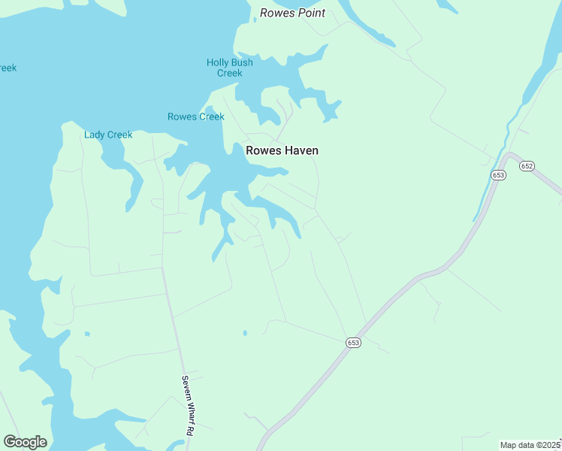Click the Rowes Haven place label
pos(282,150)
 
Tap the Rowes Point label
pos(292,13)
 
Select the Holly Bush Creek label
pos(230,68)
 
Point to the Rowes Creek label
pos(195,117)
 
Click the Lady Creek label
pos(108,135)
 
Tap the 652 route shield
pos(527,165)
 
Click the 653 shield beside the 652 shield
pos(499,174)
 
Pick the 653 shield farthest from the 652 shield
pos(354,342)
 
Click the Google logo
pos(25,442)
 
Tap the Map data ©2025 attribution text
pos(530,445)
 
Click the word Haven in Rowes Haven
pos(301,150)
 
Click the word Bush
pos(242,62)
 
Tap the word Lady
pos(95,135)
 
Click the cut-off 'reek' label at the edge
pos(7,68)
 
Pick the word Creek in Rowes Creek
pos(211,117)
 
